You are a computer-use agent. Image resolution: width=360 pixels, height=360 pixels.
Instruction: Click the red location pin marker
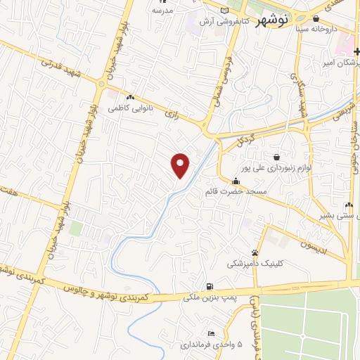181,165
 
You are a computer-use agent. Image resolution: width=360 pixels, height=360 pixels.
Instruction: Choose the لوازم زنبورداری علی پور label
275,168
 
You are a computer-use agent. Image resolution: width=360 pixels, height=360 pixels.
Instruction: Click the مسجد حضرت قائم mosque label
233,191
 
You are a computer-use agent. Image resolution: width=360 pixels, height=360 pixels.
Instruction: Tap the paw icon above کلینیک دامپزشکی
255,252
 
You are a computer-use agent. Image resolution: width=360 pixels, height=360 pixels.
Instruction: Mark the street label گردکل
245,139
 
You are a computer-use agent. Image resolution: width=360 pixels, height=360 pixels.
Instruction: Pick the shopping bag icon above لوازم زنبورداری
276,156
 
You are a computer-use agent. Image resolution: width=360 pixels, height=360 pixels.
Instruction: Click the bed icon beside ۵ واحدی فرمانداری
211,333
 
